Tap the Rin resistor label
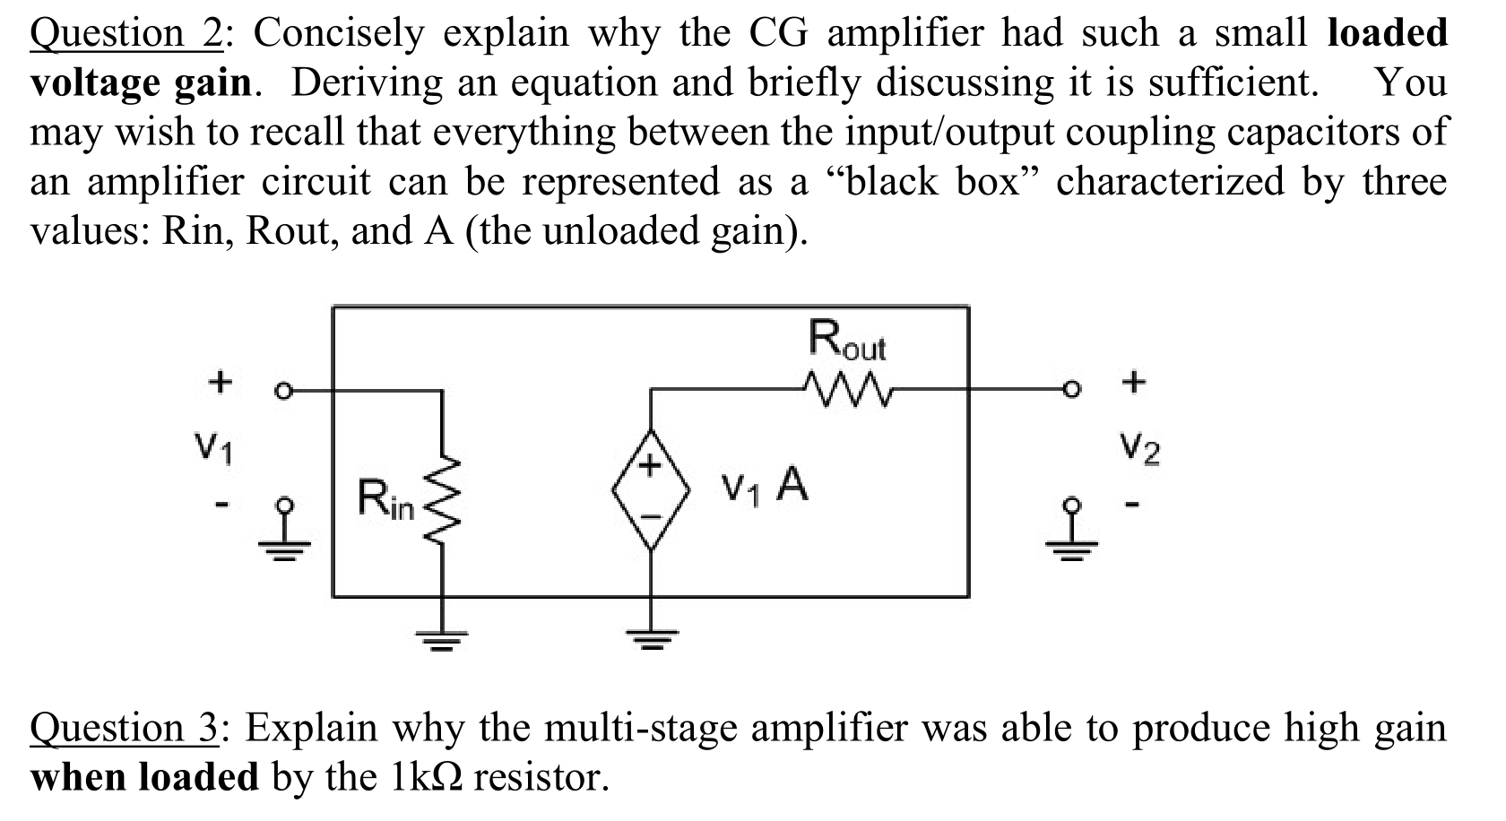point(386,499)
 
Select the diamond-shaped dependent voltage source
point(651,489)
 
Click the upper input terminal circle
point(282,391)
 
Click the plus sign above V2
point(1133,383)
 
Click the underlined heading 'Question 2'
point(126,34)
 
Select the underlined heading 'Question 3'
point(125,728)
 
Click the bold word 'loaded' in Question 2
point(1387,33)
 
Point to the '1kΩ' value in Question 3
point(427,777)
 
